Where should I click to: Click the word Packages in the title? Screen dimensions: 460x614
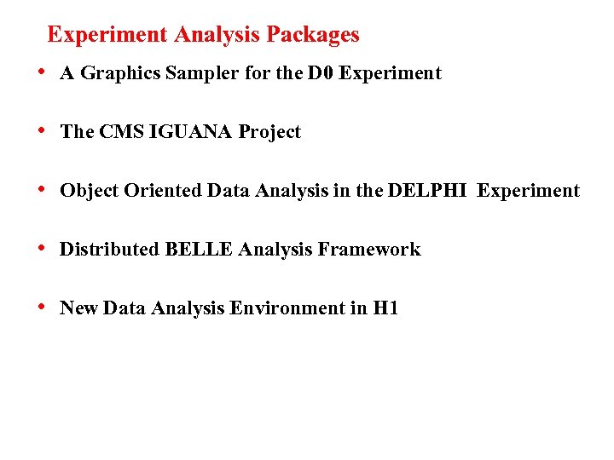pos(313,35)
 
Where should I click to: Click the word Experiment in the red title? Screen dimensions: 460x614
pos(107,35)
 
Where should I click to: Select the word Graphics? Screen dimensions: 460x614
pos(117,74)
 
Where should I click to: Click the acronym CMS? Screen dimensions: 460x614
pos(120,132)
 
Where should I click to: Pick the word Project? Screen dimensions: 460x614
pos(269,133)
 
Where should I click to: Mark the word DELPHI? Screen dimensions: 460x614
pos(427,191)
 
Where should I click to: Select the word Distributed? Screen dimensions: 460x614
pos(109,250)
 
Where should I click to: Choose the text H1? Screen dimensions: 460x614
pos(385,308)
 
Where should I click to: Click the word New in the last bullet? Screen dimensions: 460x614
pos(78,308)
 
